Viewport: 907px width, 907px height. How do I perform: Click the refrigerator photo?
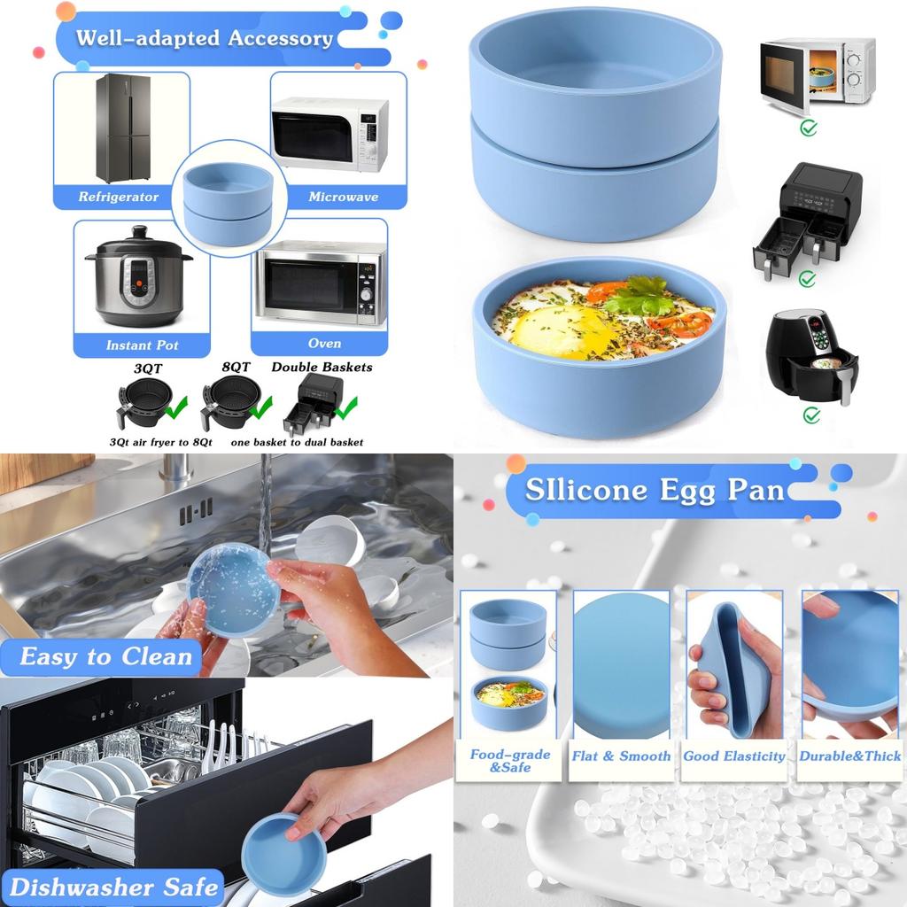coord(122,128)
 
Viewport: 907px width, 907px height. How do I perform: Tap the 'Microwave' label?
coord(343,197)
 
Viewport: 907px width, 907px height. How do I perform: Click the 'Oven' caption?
coord(324,343)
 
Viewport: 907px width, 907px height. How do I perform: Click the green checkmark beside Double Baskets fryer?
coord(345,408)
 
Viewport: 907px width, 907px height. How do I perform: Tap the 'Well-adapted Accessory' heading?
coord(205,39)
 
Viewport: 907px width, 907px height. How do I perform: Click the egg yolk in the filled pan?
coord(553,331)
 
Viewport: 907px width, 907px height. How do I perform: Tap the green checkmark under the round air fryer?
coord(811,415)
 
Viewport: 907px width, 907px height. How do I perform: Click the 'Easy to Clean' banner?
coord(106,657)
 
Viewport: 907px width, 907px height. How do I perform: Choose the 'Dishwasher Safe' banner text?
coord(113,887)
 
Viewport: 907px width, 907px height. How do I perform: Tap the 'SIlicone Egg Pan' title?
coord(654,490)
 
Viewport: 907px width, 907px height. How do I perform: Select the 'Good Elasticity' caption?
coord(734,756)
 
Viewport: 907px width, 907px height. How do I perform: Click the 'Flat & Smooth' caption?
coord(621,756)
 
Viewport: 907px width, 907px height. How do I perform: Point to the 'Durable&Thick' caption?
coord(849,756)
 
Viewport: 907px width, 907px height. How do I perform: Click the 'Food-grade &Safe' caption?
coord(509,761)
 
